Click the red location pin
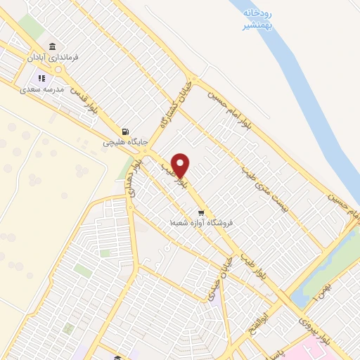tap(181, 164)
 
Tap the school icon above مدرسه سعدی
tap(41, 79)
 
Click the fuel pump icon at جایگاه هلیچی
tap(125, 131)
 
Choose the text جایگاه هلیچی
tap(126, 142)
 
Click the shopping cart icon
tap(201, 212)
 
